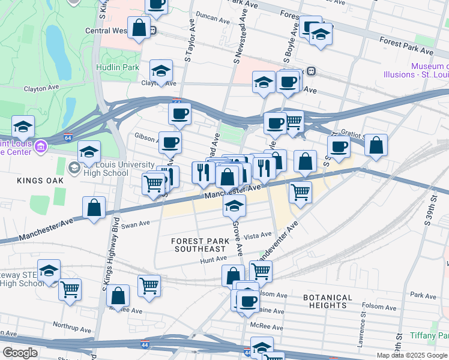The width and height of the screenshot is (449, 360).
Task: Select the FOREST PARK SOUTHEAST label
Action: click(x=200, y=245)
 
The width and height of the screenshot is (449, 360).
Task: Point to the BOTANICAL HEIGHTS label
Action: click(x=327, y=301)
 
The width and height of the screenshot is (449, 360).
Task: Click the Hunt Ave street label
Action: click(x=214, y=259)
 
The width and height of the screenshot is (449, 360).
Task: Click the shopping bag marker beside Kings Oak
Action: click(x=94, y=208)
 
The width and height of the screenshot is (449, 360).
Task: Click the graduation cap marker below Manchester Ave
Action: click(x=234, y=206)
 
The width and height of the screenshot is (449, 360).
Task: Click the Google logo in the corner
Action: click(x=19, y=353)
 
